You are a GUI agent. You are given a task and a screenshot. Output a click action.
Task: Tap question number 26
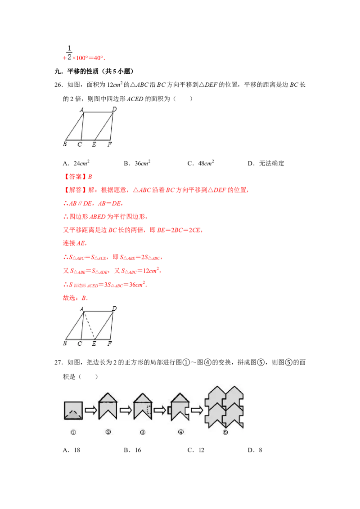tap(58, 85)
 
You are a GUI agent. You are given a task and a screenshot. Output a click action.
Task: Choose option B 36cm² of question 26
tap(137, 163)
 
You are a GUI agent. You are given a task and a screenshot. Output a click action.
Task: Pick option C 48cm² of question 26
tap(201, 163)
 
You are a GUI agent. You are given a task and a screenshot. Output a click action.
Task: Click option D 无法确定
tap(266, 163)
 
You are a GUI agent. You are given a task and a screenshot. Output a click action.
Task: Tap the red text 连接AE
tap(74, 243)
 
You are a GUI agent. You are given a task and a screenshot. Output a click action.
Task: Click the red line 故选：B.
tap(76, 298)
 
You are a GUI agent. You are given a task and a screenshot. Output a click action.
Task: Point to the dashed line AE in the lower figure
tap(90, 326)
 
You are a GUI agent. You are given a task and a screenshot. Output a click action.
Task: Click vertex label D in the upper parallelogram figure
tap(114, 109)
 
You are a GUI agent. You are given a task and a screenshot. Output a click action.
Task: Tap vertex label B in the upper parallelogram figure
tap(65, 144)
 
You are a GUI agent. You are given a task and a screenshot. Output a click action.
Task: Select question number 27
tap(58, 362)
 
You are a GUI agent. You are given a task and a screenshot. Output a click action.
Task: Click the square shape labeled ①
tap(73, 411)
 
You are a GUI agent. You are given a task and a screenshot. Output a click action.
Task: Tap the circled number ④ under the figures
tap(181, 432)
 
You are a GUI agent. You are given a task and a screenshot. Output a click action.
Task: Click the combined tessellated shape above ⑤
tap(224, 407)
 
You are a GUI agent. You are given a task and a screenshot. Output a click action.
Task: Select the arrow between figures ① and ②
tap(90, 411)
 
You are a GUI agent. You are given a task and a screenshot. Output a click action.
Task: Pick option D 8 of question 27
tap(255, 450)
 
